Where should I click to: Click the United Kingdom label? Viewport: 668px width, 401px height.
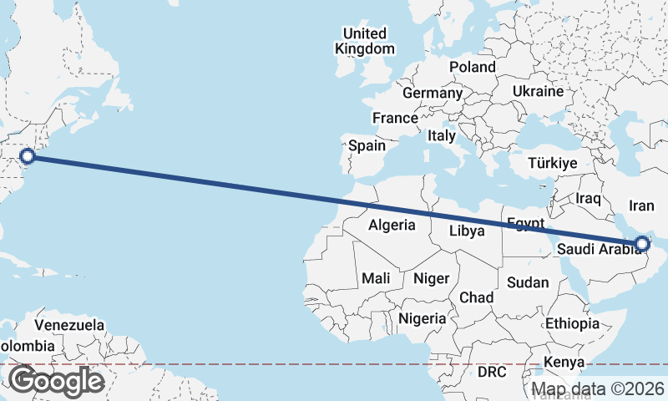(365, 41)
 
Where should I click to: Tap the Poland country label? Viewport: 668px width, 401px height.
(472, 67)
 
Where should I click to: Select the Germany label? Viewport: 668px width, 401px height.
(432, 93)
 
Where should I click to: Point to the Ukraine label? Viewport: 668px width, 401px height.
(538, 90)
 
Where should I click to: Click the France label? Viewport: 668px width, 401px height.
(395, 118)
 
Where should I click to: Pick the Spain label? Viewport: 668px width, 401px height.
(367, 145)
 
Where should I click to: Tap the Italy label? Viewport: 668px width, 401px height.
(441, 135)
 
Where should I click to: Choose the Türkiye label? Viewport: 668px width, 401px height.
(552, 163)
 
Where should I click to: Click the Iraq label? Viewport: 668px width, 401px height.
(589, 198)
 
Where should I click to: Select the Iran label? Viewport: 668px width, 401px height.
(641, 205)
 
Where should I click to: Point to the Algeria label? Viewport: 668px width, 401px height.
(392, 224)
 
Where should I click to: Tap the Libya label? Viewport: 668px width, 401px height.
(467, 231)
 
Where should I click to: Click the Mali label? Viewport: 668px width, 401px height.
(375, 278)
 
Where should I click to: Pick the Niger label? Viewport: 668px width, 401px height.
(431, 278)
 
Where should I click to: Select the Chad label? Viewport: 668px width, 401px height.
(476, 297)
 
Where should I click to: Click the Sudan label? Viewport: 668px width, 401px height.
(528, 282)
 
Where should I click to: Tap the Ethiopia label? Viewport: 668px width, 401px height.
(572, 323)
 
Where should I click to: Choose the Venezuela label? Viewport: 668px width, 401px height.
(69, 325)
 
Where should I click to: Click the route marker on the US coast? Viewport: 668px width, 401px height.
(28, 155)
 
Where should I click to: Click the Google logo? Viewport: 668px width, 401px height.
(56, 381)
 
